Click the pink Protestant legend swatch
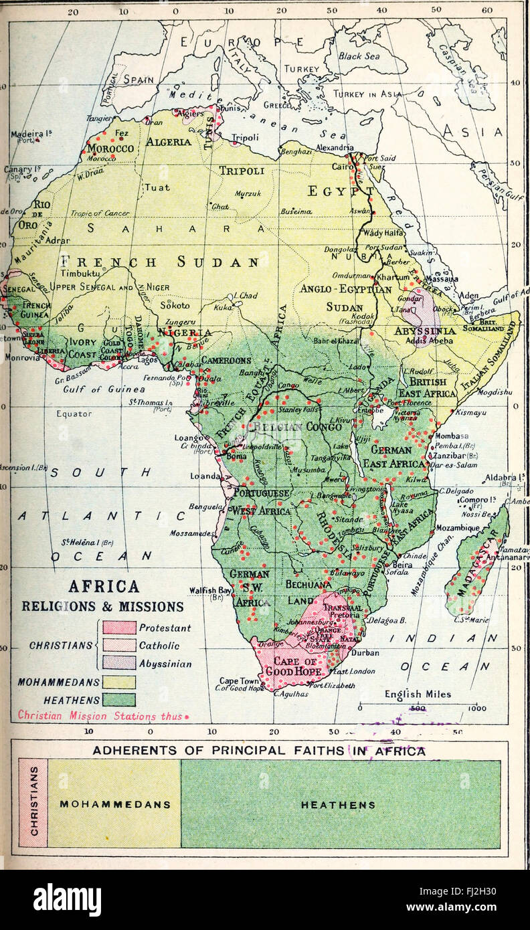(119, 628)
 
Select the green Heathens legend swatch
(119, 700)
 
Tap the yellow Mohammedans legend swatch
(119, 682)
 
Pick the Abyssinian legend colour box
(119, 664)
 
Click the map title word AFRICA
(104, 587)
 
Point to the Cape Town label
(238, 680)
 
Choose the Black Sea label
(359, 57)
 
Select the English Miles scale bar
(418, 707)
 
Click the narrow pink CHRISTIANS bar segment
(33, 804)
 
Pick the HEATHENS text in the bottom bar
(338, 805)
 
